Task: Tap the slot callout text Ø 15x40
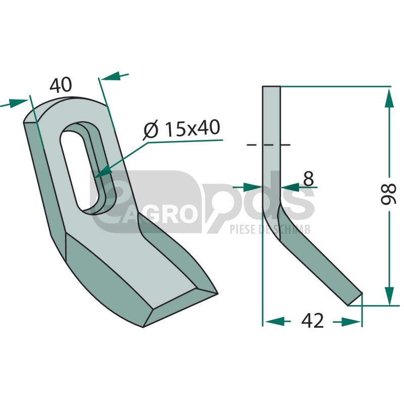182,129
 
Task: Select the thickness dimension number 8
309,178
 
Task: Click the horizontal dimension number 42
312,321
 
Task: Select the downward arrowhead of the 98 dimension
389,295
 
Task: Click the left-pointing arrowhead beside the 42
275,322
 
